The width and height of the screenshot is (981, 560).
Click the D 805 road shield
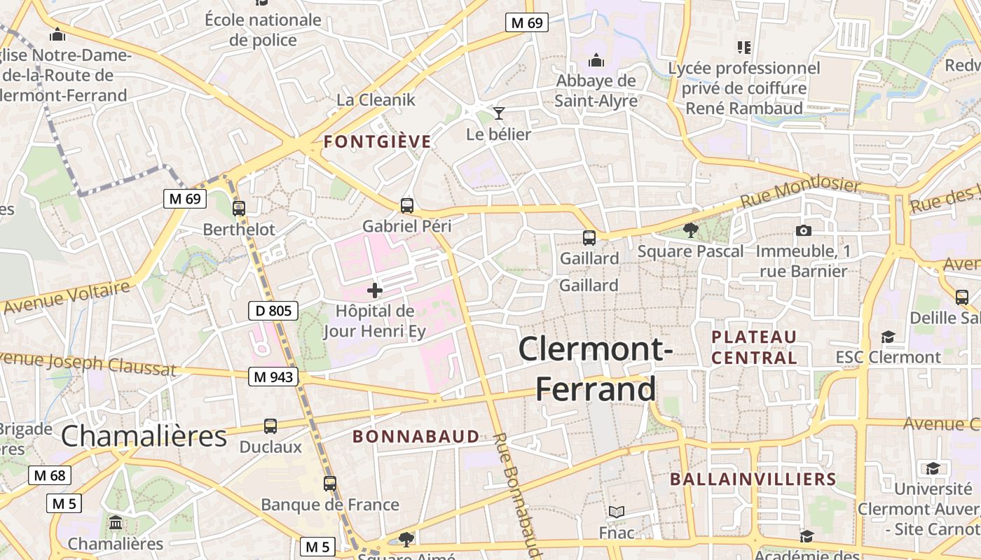pos(273,311)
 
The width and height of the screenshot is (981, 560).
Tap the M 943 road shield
pos(273,377)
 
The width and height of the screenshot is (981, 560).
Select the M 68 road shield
pos(50,476)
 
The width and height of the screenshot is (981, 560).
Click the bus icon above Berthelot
pos(239,208)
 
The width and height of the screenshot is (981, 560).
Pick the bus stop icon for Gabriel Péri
pos(406,206)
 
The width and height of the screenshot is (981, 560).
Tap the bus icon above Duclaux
pos(270,426)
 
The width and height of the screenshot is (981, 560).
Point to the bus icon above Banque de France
pos(329,483)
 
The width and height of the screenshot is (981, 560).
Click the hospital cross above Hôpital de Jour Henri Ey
pos(374,290)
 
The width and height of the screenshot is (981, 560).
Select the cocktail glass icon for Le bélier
pos(498,113)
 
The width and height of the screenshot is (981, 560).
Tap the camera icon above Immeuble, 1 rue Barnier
pos(803,230)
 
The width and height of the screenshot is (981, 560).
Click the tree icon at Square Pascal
pos(690,230)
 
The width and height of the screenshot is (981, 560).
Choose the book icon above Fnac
pos(616,512)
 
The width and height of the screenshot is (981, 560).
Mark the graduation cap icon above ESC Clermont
pos(888,337)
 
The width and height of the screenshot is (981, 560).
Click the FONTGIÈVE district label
pos(377,142)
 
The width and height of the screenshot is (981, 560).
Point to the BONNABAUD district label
pos(416,437)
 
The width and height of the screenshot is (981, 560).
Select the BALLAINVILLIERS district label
pos(753,479)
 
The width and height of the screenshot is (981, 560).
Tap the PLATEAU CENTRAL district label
pos(754,347)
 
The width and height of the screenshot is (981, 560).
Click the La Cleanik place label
pos(376,99)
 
